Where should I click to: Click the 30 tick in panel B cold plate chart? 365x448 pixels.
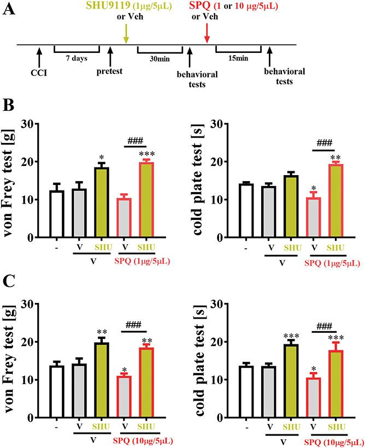click(x=221, y=124)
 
